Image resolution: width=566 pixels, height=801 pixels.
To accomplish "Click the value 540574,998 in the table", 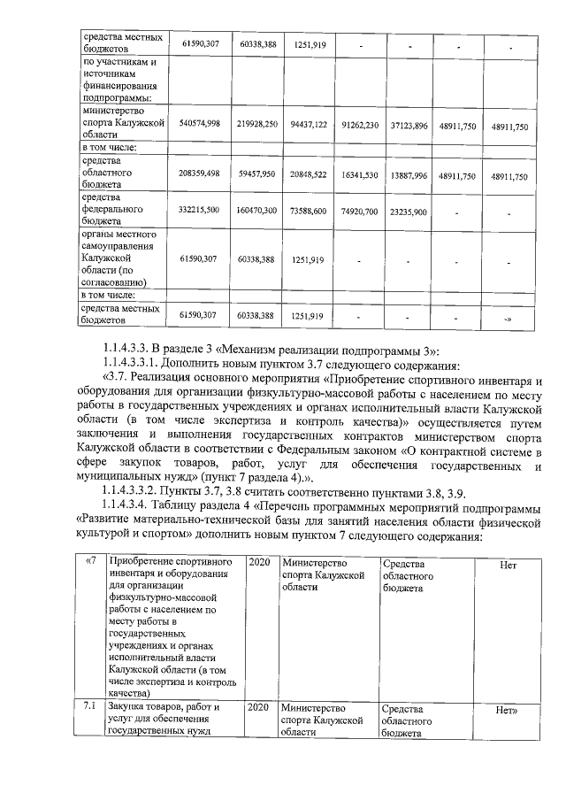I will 199,124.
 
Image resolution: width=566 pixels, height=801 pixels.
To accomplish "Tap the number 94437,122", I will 310,124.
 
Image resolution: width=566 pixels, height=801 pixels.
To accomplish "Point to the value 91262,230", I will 360,124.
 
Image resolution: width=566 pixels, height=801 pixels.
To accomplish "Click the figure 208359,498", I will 199,176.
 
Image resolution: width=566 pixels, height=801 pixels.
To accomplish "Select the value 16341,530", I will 360,176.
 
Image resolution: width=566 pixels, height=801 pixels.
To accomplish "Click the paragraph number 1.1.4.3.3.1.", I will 134,363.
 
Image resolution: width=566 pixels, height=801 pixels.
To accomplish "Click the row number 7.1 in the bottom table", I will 88,708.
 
